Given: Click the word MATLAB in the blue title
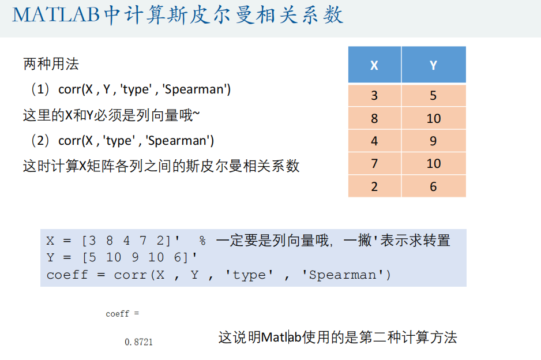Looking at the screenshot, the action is pyautogui.click(x=56, y=15).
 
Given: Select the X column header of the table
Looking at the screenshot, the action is pyautogui.click(x=374, y=65).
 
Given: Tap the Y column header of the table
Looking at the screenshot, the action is pyautogui.click(x=434, y=65).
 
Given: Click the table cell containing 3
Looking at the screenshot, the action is pyautogui.click(x=374, y=95).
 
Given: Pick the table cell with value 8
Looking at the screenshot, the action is pyautogui.click(x=374, y=118).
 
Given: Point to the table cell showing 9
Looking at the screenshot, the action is pyautogui.click(x=434, y=141).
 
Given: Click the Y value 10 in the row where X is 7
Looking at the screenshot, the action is pyautogui.click(x=434, y=164).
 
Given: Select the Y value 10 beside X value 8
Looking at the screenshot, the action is pyautogui.click(x=434, y=118).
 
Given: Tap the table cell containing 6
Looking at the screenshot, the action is pyautogui.click(x=434, y=186).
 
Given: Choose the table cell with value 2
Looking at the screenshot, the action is pyautogui.click(x=374, y=186).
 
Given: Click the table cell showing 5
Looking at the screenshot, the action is pyautogui.click(x=434, y=95).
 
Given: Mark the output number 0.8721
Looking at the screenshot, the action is pyautogui.click(x=138, y=342).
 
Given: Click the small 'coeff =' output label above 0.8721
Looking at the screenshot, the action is pyautogui.click(x=122, y=314).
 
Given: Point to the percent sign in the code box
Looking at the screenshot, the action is pyautogui.click(x=202, y=241).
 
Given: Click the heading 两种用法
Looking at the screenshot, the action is pyautogui.click(x=51, y=64).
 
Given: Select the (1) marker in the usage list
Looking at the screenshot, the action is pyautogui.click(x=40, y=89).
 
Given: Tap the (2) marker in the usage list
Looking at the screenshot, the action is pyautogui.click(x=40, y=140).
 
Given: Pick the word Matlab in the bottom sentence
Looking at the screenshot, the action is pyautogui.click(x=281, y=337).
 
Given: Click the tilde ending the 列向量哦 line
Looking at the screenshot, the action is pyautogui.click(x=196, y=114).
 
